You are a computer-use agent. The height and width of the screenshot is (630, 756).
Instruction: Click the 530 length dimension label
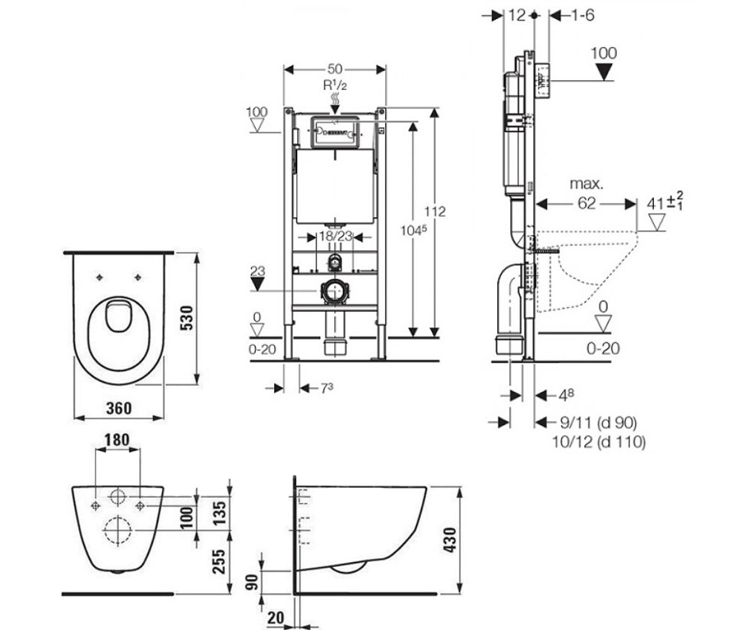(x=188, y=319)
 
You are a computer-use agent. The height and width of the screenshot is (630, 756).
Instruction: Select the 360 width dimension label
(x=119, y=408)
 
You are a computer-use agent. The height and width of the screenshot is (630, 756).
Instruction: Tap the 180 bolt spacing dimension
(x=117, y=440)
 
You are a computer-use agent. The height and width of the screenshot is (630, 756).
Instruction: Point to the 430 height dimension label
(x=450, y=540)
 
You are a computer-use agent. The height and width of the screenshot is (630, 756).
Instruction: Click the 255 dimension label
(x=219, y=561)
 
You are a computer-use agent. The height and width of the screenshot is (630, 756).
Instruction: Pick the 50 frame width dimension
(x=335, y=69)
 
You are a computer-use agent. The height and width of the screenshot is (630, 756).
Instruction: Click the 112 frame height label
(x=435, y=212)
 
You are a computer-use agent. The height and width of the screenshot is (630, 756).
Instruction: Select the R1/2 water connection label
(x=335, y=86)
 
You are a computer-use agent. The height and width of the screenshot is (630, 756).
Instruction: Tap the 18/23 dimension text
(x=336, y=236)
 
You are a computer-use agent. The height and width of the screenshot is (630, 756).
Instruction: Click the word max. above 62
(x=587, y=184)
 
